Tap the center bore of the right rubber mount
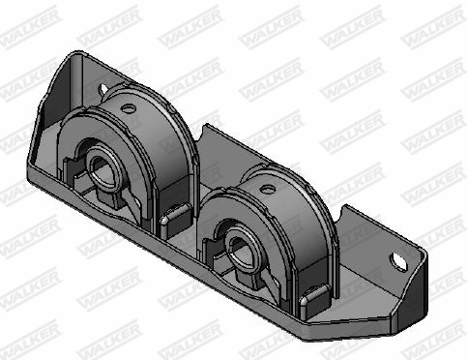(x=239, y=241)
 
